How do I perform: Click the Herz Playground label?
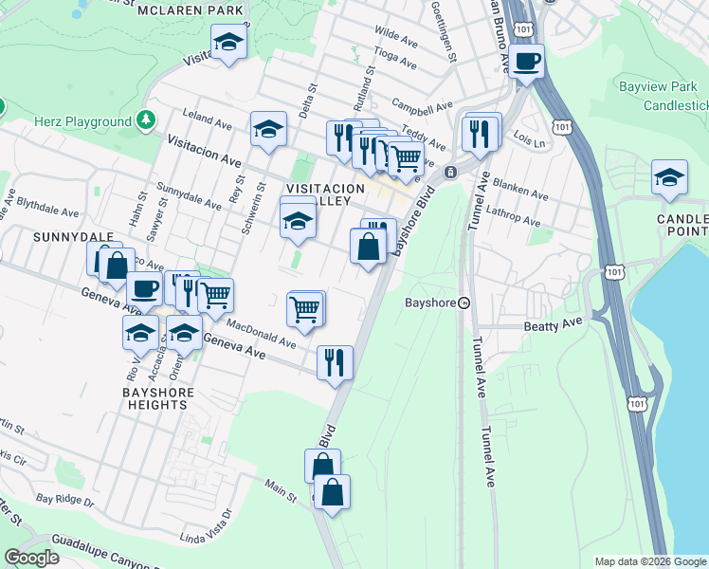pyautogui.click(x=82, y=122)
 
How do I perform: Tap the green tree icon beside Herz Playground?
pyautogui.click(x=145, y=119)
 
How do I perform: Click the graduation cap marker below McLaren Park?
pyautogui.click(x=228, y=42)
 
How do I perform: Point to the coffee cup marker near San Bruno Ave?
pyautogui.click(x=527, y=62)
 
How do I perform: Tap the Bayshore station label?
pyautogui.click(x=431, y=303)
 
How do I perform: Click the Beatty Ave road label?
pyautogui.click(x=551, y=326)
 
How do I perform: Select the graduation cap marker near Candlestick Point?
pyautogui.click(x=669, y=177)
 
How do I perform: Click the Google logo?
pyautogui.click(x=32, y=558)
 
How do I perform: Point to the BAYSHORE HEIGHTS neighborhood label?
pyautogui.click(x=157, y=398)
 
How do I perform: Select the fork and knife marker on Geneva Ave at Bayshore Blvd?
pyautogui.click(x=335, y=362)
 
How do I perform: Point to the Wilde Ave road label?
pyautogui.click(x=396, y=38)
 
